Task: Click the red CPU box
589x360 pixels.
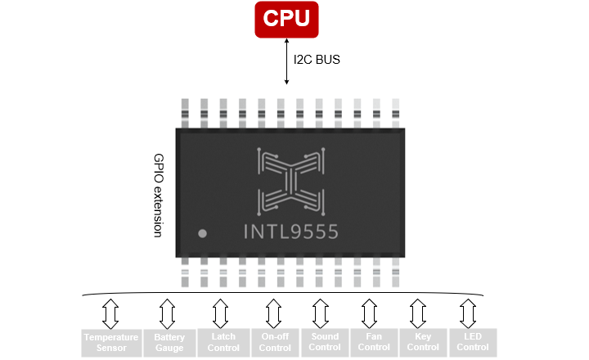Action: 286,20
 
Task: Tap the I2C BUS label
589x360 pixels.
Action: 317,60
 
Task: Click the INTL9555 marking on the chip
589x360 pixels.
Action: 291,233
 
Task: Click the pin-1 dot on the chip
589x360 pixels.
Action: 203,234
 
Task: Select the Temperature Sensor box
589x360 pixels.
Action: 110,342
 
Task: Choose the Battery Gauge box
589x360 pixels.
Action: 169,342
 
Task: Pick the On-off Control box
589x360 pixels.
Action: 274,342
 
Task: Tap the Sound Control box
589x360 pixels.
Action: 325,341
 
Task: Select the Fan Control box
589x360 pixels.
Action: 374,341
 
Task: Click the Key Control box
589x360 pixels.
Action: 423,341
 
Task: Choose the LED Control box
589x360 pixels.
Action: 473,341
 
